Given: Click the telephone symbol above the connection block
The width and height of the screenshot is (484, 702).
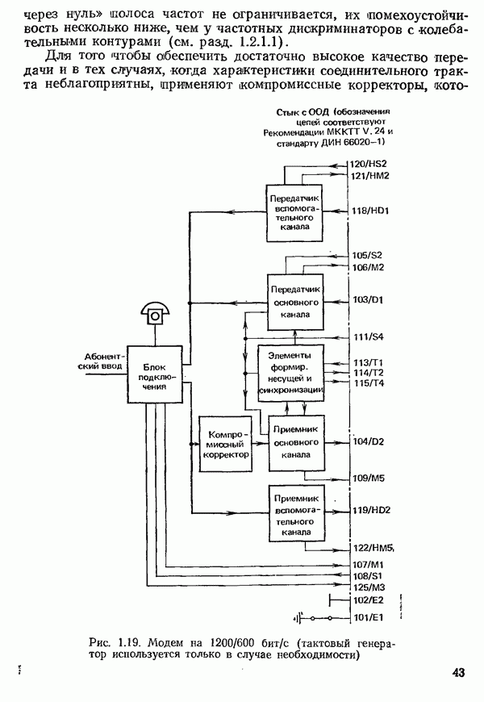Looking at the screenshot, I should coord(152,311).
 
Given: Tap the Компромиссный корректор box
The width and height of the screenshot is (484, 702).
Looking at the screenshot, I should coord(225,443).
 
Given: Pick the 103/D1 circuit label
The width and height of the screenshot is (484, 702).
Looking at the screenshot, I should coord(368,299).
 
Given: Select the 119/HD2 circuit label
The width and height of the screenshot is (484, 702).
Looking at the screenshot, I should coord(371,511).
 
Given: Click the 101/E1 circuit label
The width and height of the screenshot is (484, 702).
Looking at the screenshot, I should coord(368,619).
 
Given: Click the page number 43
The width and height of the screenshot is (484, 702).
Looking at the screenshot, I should coord(457,673).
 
